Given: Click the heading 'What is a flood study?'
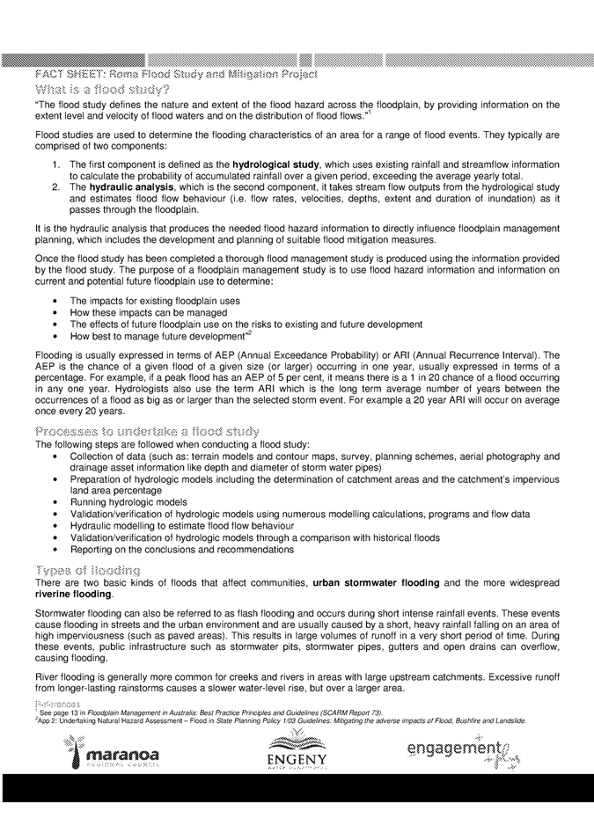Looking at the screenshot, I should (x=102, y=89).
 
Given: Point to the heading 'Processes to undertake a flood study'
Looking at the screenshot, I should (x=147, y=431).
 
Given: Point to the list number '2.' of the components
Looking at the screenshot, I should (x=55, y=188).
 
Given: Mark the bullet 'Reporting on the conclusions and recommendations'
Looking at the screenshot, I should (x=181, y=549).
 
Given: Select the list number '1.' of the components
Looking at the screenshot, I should (x=55, y=164).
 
